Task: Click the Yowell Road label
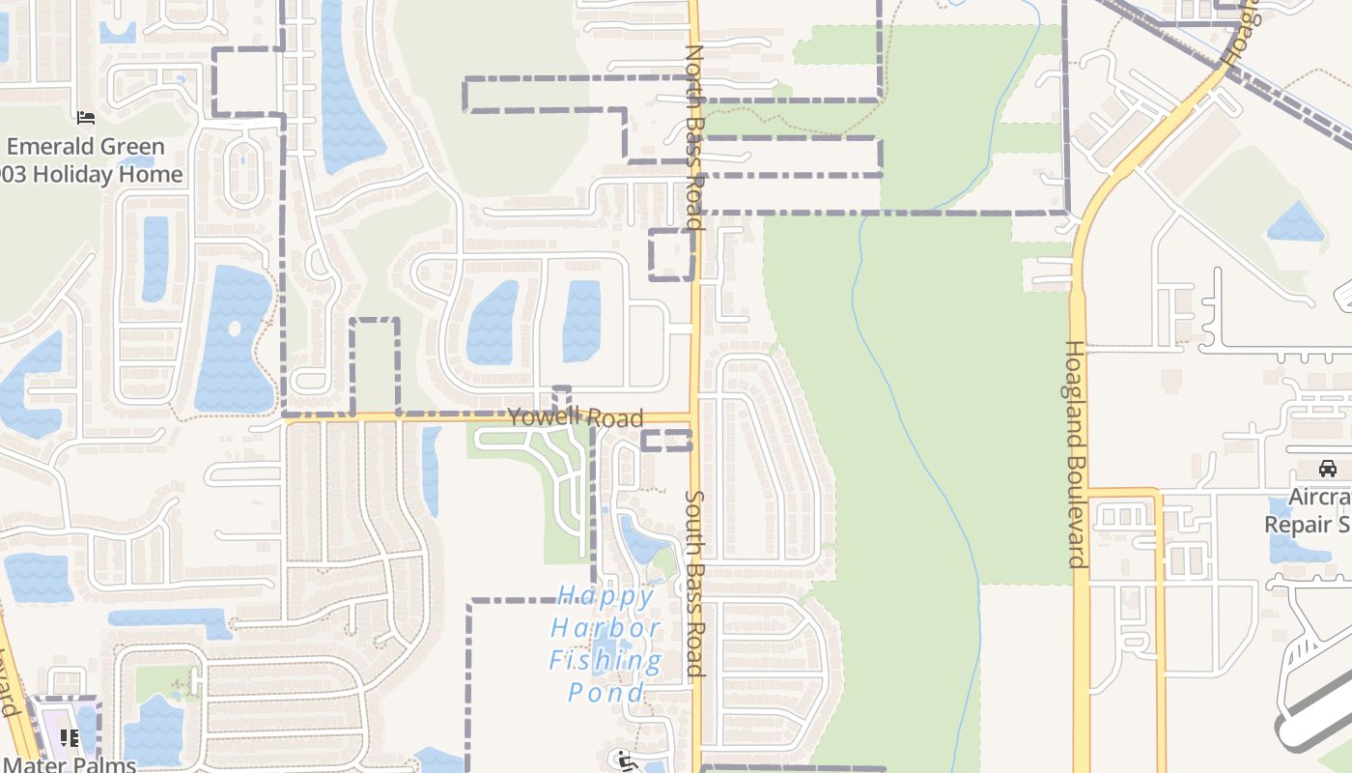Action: [575, 417]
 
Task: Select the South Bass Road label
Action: [694, 583]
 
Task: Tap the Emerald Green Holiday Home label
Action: [93, 160]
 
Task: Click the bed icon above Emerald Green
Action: [86, 119]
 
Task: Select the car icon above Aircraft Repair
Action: [1328, 469]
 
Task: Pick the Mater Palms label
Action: [68, 763]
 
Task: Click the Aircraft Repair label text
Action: [1309, 511]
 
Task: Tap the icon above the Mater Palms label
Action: [70, 738]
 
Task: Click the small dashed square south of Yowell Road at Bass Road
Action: [667, 441]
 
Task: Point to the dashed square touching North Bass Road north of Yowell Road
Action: [670, 255]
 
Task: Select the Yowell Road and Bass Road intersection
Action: [694, 418]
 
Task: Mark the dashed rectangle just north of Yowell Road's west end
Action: [374, 366]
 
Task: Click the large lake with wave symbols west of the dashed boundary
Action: [235, 338]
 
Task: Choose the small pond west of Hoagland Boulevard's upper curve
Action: [1295, 223]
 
